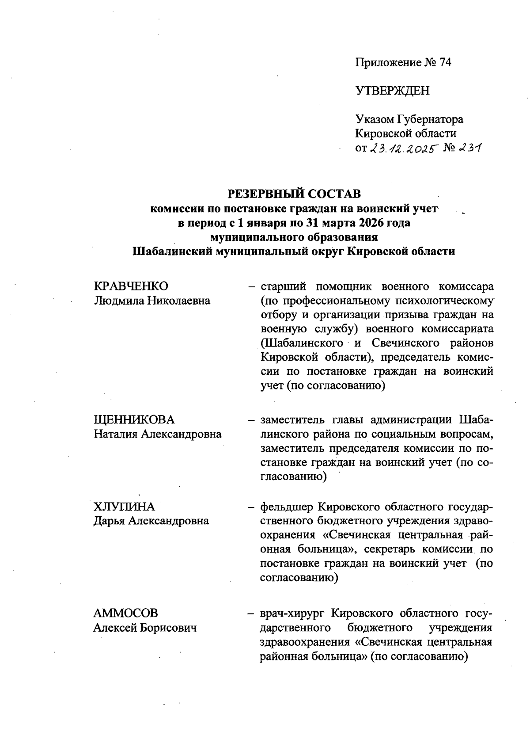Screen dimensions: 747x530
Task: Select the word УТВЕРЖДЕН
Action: point(392,91)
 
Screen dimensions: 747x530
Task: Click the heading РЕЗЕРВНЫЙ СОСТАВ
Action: point(294,194)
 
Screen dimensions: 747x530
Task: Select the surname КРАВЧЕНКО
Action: point(131,286)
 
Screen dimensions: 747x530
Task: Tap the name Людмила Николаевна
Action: point(152,301)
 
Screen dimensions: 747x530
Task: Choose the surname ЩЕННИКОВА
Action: point(134,420)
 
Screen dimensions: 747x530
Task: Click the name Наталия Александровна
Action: point(158,434)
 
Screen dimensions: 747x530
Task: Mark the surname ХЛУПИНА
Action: point(124,507)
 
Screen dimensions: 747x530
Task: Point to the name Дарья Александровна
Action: point(151,521)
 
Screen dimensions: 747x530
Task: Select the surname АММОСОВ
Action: point(125,614)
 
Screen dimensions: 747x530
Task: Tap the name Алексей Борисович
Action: point(145,628)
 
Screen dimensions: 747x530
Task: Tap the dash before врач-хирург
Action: point(250,614)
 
